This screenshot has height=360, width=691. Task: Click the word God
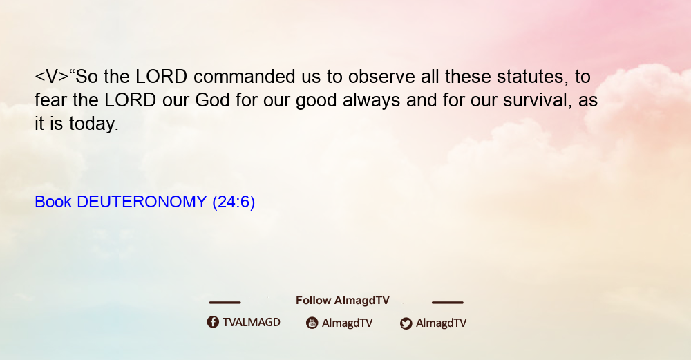(x=212, y=100)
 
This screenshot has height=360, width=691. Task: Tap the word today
(x=94, y=124)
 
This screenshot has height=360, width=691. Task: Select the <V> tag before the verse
(x=52, y=77)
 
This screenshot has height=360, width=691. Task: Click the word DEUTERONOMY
(x=142, y=202)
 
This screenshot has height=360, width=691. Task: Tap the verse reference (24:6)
(x=234, y=202)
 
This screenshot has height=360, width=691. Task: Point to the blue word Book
(x=53, y=202)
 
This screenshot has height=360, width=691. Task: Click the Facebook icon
(x=213, y=322)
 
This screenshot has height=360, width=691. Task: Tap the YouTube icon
(x=312, y=323)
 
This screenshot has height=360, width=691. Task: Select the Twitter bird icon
(x=406, y=323)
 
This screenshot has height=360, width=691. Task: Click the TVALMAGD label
(x=252, y=323)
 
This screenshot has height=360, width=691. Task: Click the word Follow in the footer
(x=313, y=301)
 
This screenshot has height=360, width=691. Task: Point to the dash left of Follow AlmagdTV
(x=225, y=302)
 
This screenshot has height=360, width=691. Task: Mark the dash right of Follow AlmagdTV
(x=448, y=302)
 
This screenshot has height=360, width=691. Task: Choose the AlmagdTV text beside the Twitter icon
(x=441, y=323)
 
